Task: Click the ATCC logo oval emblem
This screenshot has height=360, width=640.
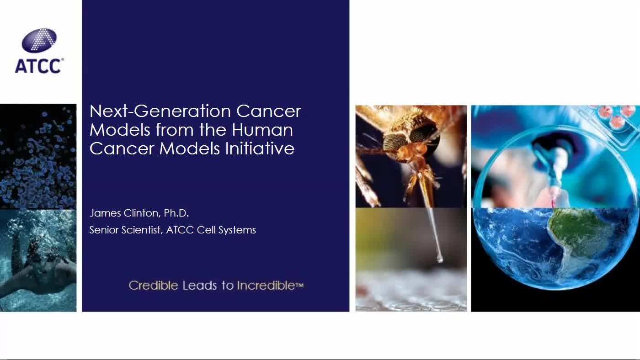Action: (x=39, y=41)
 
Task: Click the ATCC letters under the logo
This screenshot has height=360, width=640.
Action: (x=38, y=66)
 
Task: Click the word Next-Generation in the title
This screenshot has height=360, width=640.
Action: (x=160, y=111)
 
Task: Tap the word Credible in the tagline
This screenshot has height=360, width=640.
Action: (x=153, y=286)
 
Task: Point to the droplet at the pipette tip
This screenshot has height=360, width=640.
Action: (x=439, y=259)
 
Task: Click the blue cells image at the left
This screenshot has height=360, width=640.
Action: (x=38, y=155)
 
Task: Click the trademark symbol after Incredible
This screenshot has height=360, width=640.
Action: (x=300, y=285)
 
